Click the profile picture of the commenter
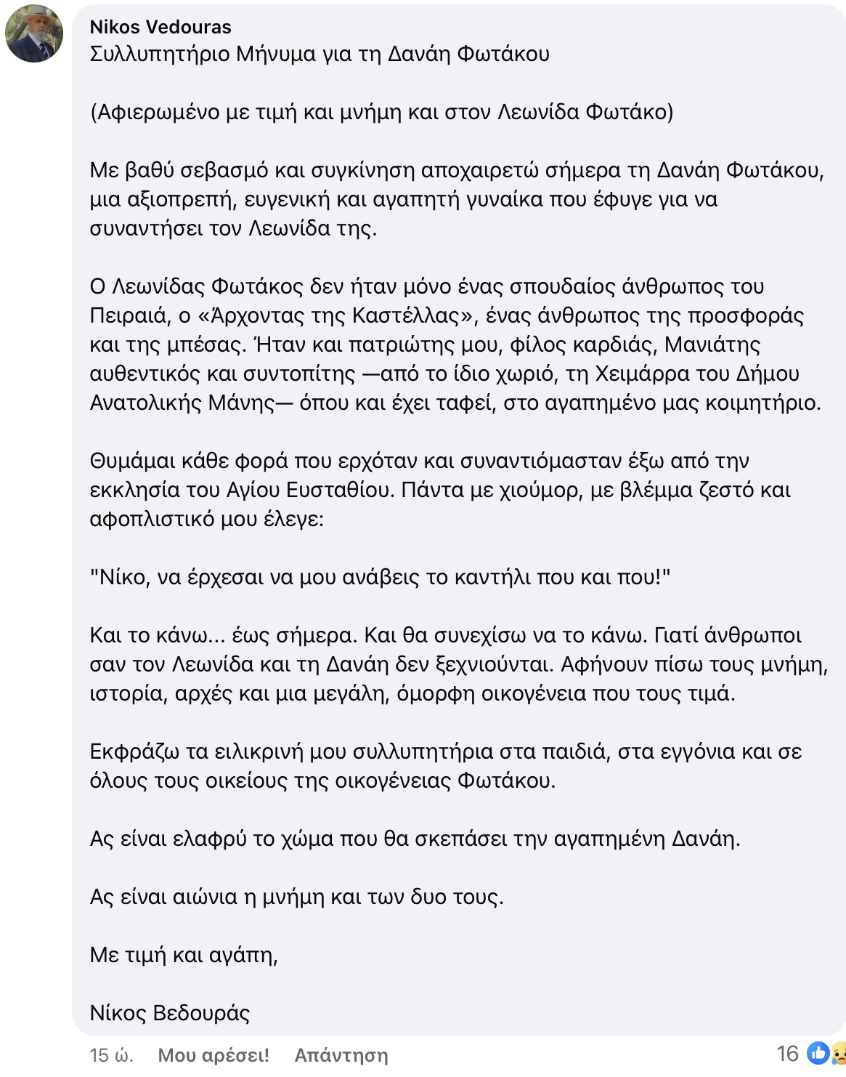33,33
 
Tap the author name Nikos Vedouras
160,27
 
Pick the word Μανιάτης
713,344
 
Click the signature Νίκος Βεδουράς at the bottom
170,1012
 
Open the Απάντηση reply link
341,1055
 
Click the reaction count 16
787,1054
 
